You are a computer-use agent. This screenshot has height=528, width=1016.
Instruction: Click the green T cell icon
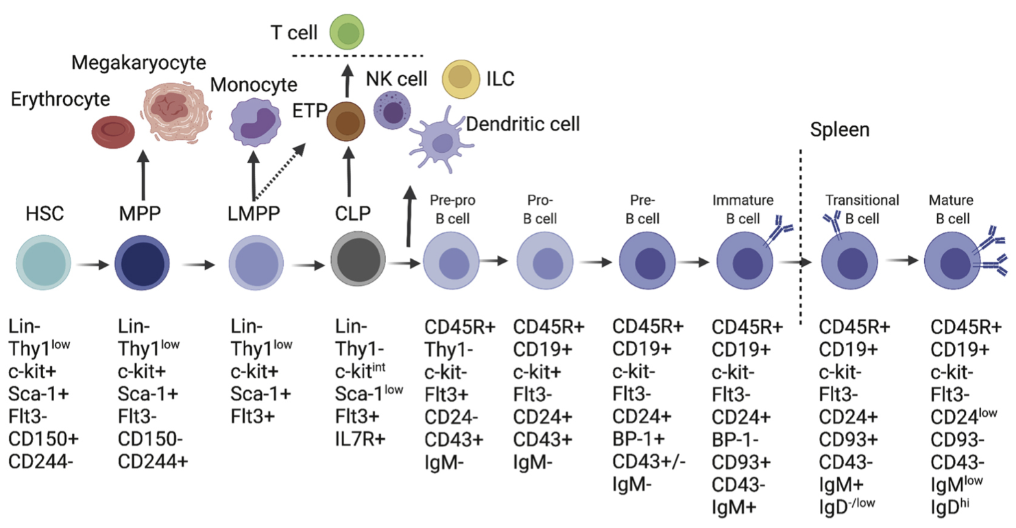click(x=346, y=32)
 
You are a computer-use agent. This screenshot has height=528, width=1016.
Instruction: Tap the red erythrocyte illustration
click(x=117, y=131)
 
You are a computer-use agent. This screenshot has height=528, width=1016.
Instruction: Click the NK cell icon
click(x=391, y=110)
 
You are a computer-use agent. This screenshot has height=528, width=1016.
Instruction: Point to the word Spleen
click(x=839, y=130)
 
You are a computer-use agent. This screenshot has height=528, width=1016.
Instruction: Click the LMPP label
click(x=253, y=214)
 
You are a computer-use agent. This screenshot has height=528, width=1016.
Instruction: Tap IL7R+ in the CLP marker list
click(x=361, y=436)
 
